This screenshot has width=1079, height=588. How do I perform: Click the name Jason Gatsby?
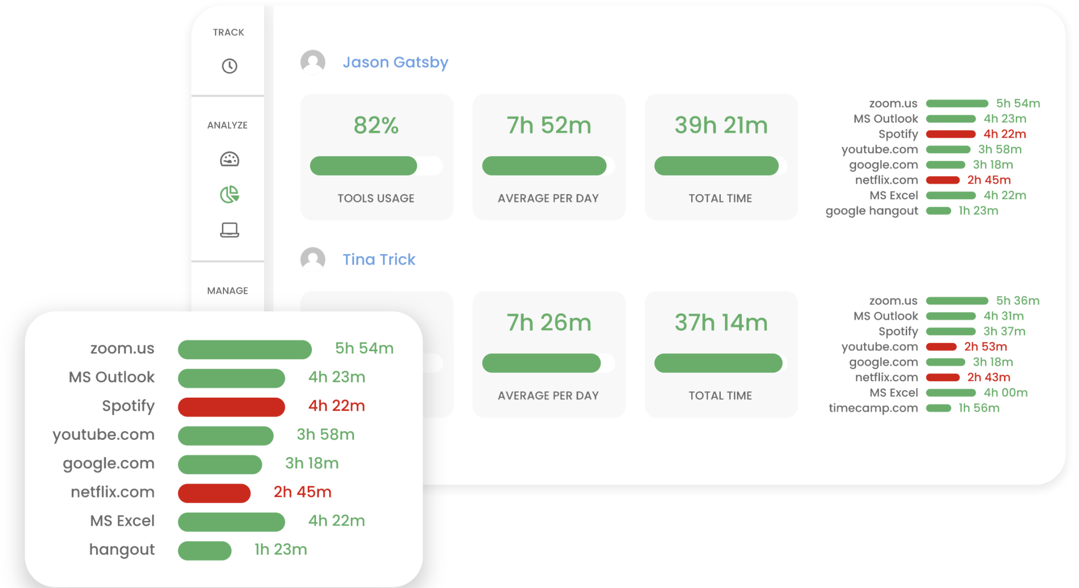395,62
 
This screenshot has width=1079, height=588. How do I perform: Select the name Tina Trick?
379,259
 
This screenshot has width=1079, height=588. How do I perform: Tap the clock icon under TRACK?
229,66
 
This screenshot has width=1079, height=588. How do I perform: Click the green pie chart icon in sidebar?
229,195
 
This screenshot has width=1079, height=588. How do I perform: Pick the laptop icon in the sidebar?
229,230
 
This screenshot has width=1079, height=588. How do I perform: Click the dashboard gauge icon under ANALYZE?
229,159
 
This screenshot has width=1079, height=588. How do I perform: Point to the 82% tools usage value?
376,126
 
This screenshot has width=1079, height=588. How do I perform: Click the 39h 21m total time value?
721,126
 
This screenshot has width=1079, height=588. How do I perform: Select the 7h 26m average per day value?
548,323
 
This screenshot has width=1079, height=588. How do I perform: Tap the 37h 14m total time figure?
721,323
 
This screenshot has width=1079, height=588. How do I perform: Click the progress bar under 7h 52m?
544,166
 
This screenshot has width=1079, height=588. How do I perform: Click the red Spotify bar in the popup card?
231,407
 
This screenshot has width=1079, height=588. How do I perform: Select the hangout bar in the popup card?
204,551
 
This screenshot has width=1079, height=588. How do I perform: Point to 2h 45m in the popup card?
302,492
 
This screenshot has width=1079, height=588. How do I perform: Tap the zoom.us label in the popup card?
122,349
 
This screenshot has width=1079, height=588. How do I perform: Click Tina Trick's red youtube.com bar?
941,347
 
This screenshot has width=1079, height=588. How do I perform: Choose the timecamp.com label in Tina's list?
873,408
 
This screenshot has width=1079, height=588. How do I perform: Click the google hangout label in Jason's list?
871,211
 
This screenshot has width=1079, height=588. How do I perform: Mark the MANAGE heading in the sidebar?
228,291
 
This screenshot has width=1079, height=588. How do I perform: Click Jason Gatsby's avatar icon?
313,62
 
